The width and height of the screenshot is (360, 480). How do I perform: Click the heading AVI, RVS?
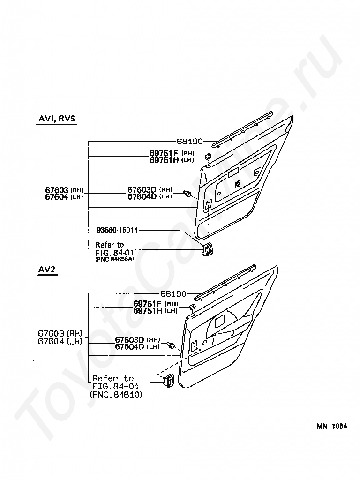(56, 119)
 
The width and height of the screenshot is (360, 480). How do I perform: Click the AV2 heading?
(47, 270)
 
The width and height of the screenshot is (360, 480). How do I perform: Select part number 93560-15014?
(117, 230)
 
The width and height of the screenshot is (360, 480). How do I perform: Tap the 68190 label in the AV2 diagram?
(173, 294)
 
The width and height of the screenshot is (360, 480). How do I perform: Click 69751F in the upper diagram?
(163, 153)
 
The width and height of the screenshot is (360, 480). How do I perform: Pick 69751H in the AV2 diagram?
(147, 310)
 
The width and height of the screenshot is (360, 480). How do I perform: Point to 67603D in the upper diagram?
(142, 189)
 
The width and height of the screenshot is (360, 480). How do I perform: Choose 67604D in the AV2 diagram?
(129, 347)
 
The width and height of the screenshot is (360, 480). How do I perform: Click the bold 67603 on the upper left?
(57, 189)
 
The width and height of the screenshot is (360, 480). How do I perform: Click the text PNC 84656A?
(114, 259)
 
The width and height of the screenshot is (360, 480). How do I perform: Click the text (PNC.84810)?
(116, 395)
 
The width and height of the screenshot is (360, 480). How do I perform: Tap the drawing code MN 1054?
(331, 426)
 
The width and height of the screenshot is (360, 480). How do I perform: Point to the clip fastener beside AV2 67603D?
(171, 346)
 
